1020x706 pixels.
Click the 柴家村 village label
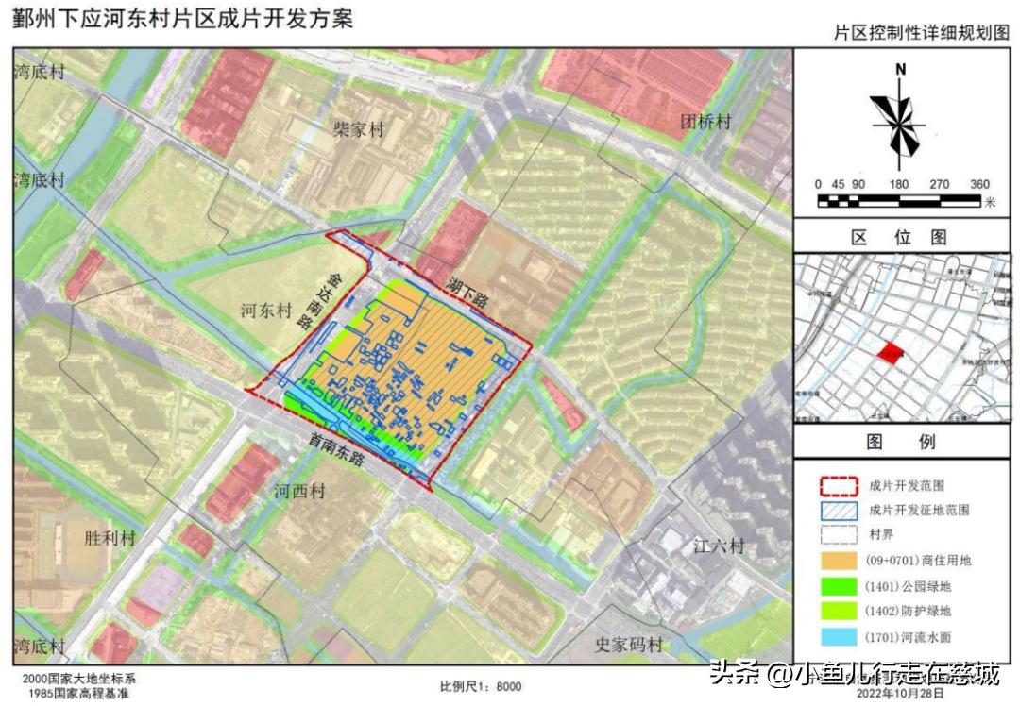point(358,129)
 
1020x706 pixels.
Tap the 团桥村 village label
point(706,121)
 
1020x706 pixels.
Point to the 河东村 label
point(266,311)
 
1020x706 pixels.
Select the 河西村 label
point(299,492)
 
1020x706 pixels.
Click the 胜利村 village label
point(110,538)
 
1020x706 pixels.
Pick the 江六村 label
point(719,546)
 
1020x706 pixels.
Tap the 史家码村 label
point(628,645)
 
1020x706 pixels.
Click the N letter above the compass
point(901,69)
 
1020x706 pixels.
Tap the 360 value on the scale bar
point(978,184)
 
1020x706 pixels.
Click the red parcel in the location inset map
point(890,353)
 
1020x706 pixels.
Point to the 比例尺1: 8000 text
point(480,686)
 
